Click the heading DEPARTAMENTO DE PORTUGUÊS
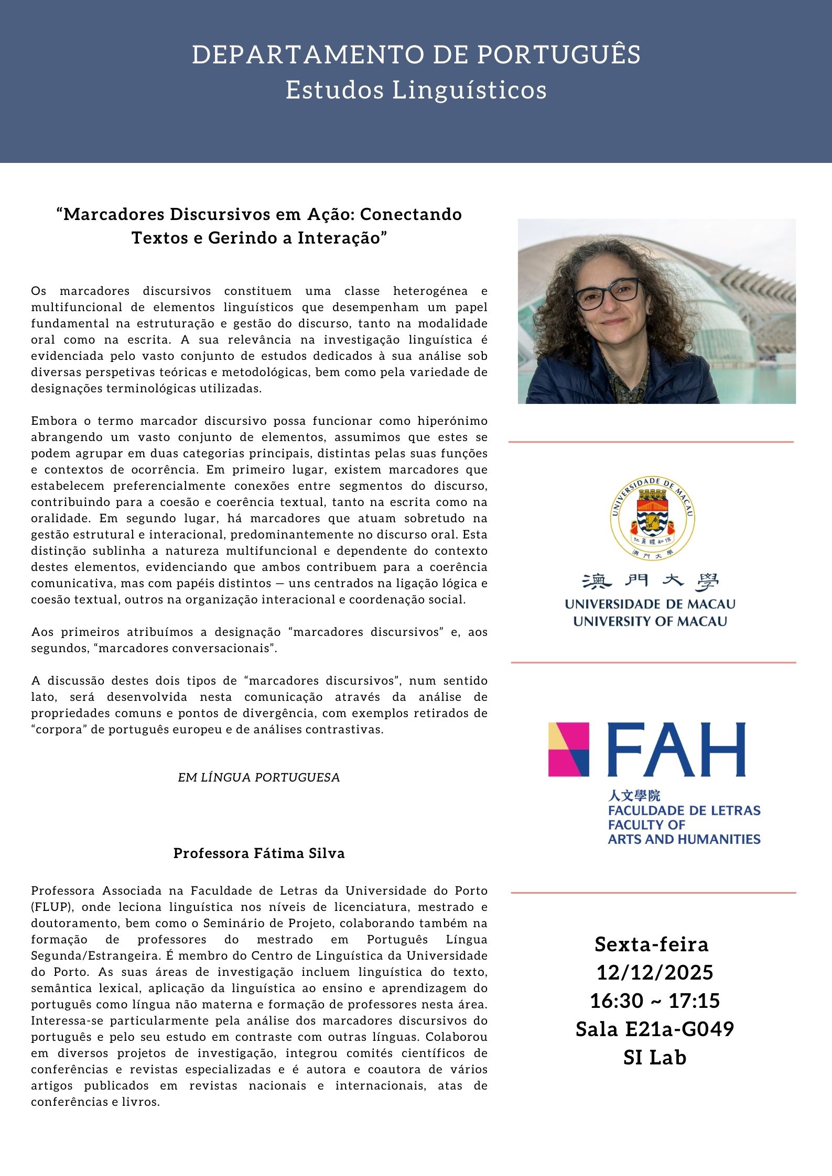click(x=416, y=55)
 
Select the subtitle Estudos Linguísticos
click(x=416, y=90)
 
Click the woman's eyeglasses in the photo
click(x=608, y=293)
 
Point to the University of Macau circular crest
click(x=652, y=518)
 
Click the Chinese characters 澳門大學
click(x=650, y=581)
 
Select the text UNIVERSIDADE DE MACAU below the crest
click(x=650, y=605)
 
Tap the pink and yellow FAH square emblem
click(x=569, y=749)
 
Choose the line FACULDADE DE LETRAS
click(x=684, y=810)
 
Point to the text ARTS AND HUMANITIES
click(x=684, y=839)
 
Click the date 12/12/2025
click(x=655, y=973)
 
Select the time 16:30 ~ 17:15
click(x=655, y=1001)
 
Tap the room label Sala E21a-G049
click(x=655, y=1029)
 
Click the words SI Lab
click(x=655, y=1057)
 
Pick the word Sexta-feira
click(x=652, y=944)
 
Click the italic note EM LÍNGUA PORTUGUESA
click(x=259, y=777)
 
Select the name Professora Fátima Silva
click(x=259, y=853)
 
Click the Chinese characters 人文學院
click(x=634, y=796)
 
